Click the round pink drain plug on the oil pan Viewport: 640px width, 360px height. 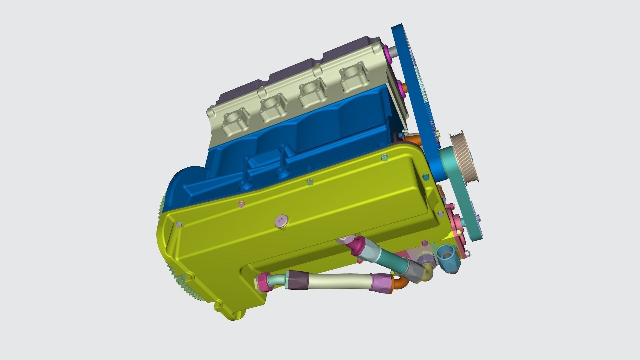(281, 221)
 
